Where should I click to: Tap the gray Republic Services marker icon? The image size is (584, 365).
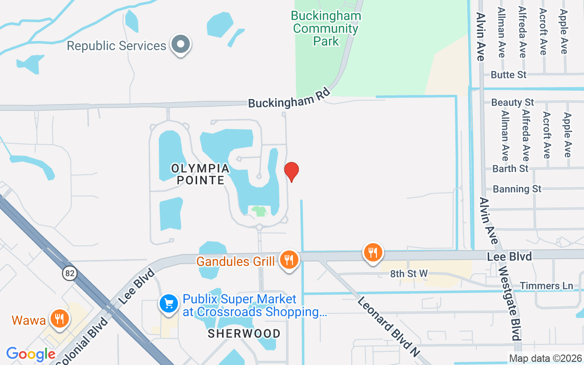point(181,45)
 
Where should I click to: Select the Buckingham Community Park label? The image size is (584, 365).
point(326,28)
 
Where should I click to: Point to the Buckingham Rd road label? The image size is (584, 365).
point(289,98)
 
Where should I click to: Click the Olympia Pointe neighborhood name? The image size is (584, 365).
point(200,174)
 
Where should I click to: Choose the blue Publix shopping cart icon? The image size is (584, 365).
point(169,304)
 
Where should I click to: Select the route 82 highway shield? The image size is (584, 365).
point(70,273)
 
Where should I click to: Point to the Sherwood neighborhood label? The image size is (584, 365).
point(244,334)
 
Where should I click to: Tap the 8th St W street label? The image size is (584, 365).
point(409,273)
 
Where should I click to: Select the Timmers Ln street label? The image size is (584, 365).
point(553,286)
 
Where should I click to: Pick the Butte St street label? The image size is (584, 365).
point(509,74)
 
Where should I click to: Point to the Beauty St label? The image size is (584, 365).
point(512,102)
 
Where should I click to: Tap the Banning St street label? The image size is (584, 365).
point(517,188)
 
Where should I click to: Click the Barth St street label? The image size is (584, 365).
point(510,168)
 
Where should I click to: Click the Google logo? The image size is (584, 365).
point(31,354)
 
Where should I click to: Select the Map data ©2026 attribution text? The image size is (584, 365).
point(545,358)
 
